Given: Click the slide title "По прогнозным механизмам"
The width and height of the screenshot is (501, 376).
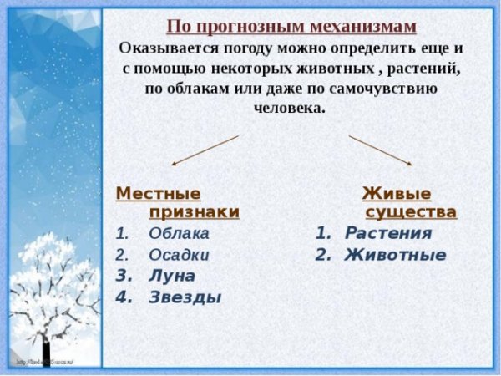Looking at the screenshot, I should click(x=291, y=27).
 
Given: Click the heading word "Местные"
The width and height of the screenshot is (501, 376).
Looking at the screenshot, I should click(x=158, y=193).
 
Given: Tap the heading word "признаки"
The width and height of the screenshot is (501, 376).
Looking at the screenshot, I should click(x=194, y=212).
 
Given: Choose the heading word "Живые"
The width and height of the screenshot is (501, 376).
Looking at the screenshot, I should click(x=394, y=193).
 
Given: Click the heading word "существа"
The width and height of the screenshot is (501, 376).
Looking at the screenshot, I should click(x=411, y=212).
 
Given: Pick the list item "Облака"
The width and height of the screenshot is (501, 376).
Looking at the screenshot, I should click(x=179, y=234).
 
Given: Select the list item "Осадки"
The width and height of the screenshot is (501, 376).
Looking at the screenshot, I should click(x=179, y=255).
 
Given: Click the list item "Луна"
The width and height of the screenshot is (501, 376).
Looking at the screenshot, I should click(x=172, y=276).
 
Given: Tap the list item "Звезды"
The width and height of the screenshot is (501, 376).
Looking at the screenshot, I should click(x=185, y=297).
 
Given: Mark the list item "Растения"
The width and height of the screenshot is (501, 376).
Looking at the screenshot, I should click(x=388, y=234).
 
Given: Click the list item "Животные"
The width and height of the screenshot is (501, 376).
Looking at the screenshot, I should click(x=395, y=255).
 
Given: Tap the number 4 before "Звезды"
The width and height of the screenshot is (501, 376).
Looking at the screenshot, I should click(x=121, y=297).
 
